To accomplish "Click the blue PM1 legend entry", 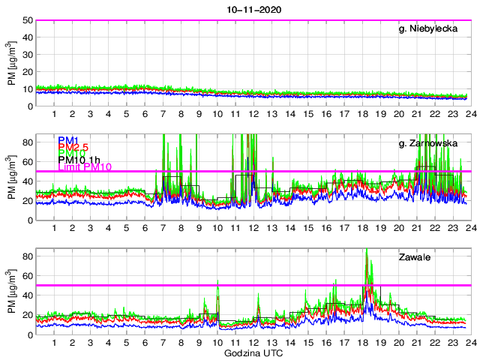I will [67, 140].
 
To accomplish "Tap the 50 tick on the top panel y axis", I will [26, 20].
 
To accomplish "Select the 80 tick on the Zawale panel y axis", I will [26, 256].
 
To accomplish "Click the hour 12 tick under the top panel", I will [253, 113].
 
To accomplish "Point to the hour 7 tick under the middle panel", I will [163, 227].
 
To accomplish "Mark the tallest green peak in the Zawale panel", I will [366, 250].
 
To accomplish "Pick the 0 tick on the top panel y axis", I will [28, 106].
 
